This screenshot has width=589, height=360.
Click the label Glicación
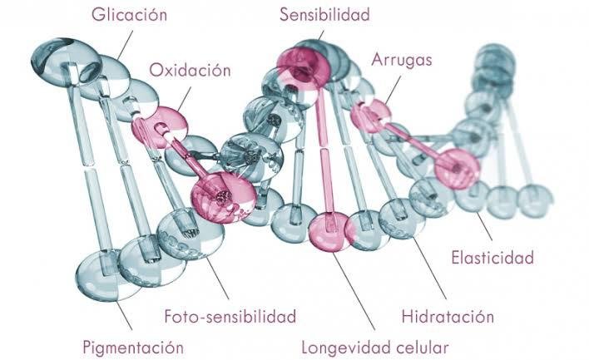point(130,15)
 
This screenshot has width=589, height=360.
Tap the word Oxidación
point(190,70)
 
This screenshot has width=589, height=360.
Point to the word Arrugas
point(402,60)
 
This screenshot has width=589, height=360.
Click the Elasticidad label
point(492,258)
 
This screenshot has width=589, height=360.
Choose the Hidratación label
point(448,317)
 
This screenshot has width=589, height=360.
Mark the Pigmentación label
point(133,346)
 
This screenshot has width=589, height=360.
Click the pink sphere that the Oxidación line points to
point(160,125)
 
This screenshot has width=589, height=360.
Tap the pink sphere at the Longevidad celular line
point(330,230)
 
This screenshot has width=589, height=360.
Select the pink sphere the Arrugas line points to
point(369,115)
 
